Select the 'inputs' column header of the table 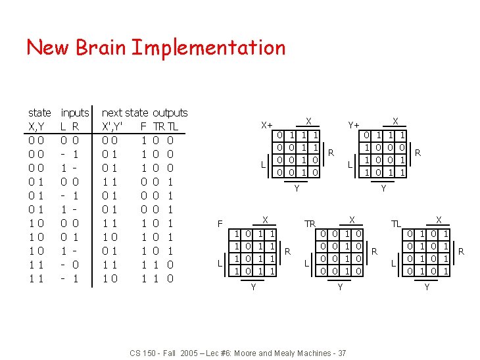[74, 113]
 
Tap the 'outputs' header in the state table [170, 113]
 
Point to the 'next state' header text [125, 113]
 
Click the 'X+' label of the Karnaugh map [266, 124]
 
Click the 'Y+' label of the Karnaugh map [353, 124]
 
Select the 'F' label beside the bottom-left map [220, 224]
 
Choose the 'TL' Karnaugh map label [396, 224]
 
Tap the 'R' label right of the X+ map [331, 153]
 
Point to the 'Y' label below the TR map [339, 287]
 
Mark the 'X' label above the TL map [439, 219]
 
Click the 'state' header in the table [39, 113]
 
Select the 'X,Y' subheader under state [37, 126]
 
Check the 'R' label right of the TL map [461, 251]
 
